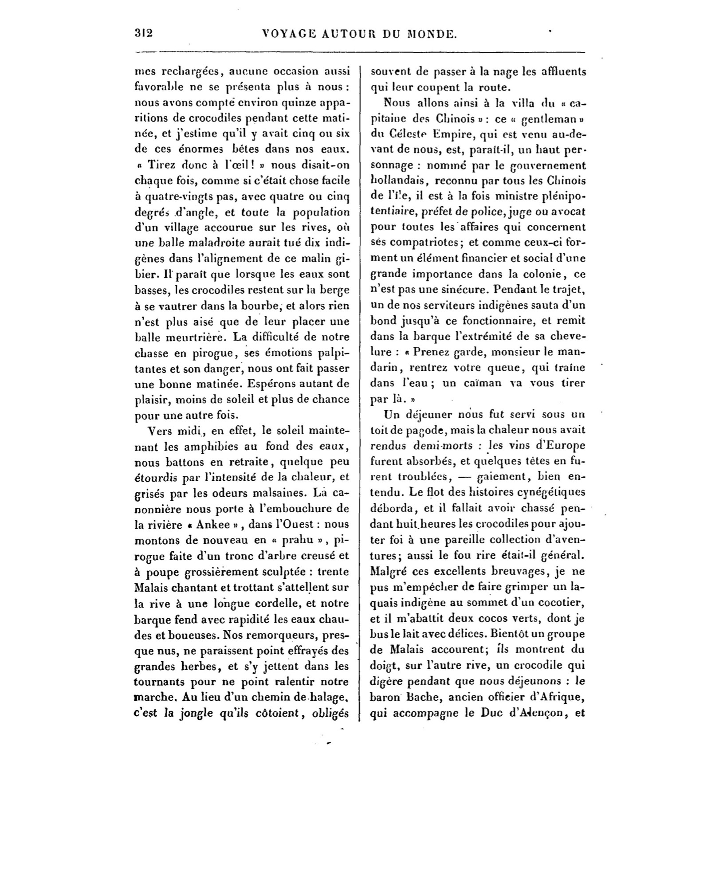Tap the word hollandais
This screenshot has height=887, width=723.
point(397,181)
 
